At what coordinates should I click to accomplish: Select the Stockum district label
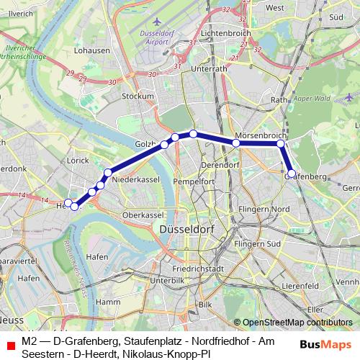[139, 96]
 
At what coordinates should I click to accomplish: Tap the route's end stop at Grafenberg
[291, 174]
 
